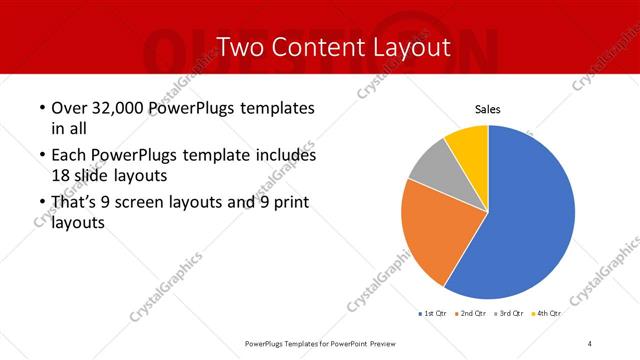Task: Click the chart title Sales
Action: [487, 109]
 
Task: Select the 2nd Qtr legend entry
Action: [473, 314]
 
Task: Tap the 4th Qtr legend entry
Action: [548, 314]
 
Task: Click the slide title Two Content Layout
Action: [320, 47]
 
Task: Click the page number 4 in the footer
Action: [590, 343]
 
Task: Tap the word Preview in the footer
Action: [378, 343]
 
